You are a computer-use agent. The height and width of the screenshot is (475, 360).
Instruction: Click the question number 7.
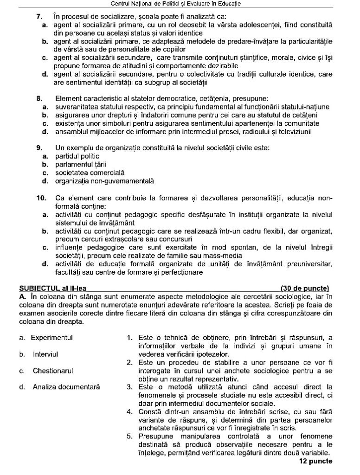point(40,17)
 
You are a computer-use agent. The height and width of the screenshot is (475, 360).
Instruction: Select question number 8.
point(40,99)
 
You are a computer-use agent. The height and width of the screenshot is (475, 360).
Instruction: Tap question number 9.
point(40,148)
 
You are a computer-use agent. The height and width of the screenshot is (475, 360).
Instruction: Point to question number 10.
point(41,198)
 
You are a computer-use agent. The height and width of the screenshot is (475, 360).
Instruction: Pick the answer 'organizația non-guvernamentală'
point(105,181)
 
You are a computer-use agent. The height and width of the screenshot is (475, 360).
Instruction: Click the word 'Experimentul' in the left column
point(52,338)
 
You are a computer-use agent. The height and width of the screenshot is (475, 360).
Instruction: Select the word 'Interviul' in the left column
point(45,354)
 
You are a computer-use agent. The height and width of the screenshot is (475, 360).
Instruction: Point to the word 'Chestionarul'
point(52,371)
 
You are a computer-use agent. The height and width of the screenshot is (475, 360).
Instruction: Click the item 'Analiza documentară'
point(66,387)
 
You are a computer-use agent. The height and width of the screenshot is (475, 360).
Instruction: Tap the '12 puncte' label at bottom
point(315,462)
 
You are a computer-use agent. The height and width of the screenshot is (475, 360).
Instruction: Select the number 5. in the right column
point(130,437)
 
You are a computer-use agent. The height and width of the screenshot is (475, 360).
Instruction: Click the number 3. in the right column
point(130,387)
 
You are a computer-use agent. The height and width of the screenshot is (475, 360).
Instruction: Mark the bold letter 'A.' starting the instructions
point(22,296)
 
